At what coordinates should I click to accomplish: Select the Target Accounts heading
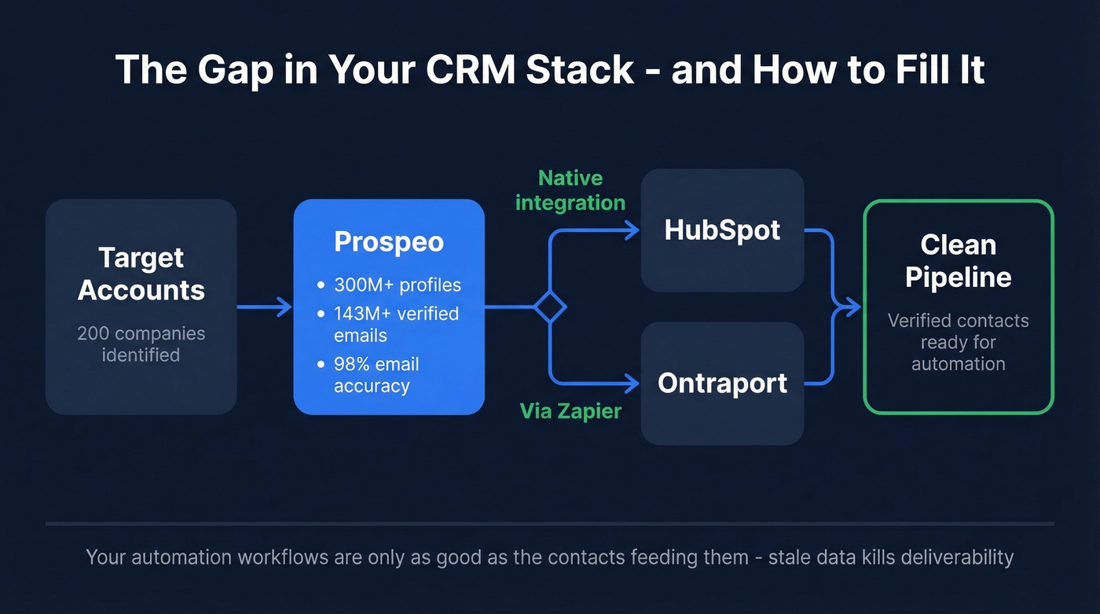click(x=141, y=274)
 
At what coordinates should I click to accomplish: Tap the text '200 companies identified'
click(x=141, y=344)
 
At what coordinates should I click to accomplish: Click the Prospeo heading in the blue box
click(x=389, y=241)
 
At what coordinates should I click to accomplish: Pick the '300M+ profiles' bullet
click(x=397, y=285)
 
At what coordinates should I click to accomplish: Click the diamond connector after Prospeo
click(x=549, y=307)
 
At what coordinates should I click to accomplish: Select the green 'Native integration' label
click(x=570, y=190)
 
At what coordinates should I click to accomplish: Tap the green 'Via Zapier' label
click(x=570, y=410)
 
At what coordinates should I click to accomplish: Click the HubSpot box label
click(x=722, y=230)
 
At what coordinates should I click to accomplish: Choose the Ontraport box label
click(x=722, y=383)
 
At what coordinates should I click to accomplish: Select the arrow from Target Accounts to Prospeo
click(x=265, y=307)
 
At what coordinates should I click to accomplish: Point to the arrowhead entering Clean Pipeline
click(x=853, y=307)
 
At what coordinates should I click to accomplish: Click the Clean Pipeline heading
click(x=958, y=260)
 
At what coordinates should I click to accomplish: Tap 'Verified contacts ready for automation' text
click(x=958, y=342)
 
